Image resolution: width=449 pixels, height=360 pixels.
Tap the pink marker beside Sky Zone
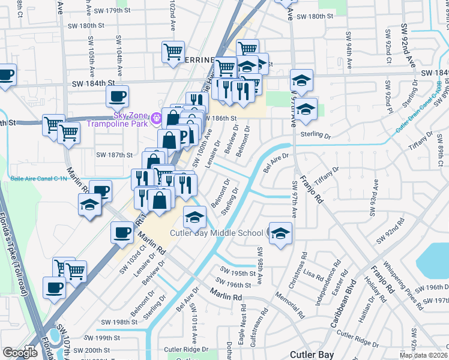coord(157,117)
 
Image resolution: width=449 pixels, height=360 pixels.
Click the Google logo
coord(20,353)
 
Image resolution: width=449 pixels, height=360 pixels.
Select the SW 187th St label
coord(114,155)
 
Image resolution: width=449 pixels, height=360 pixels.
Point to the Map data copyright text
coord(424,355)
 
